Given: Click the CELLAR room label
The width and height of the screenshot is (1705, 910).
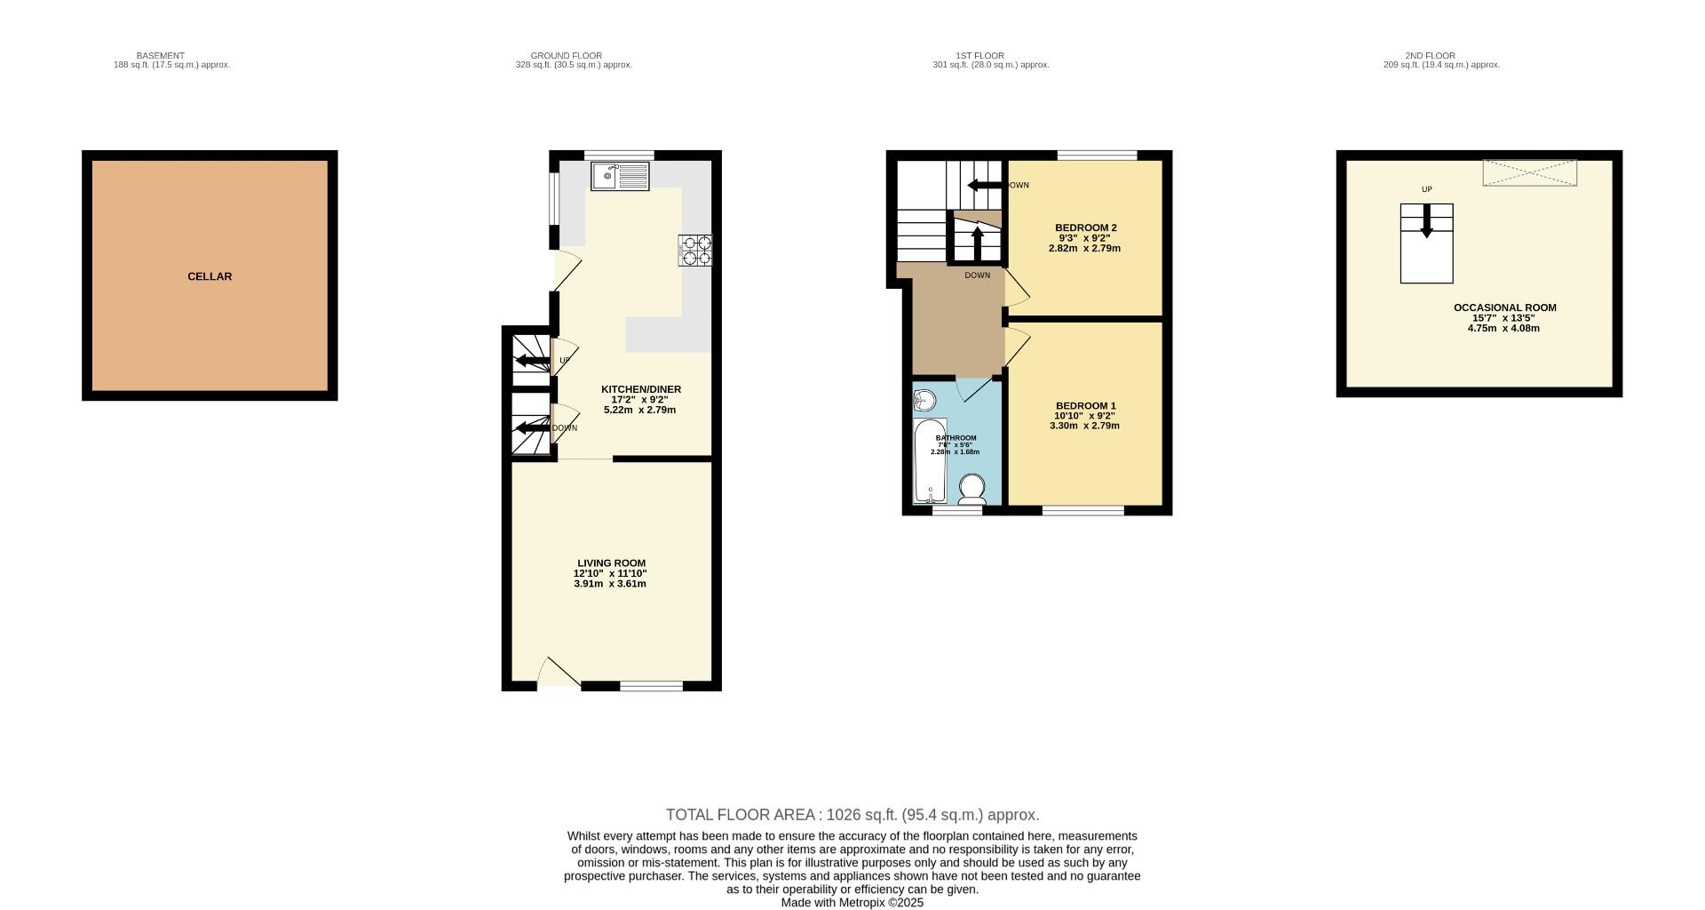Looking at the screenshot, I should click(210, 276).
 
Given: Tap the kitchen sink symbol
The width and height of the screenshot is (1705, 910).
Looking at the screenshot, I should click(620, 176).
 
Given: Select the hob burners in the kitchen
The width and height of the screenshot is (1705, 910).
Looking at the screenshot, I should click(695, 250).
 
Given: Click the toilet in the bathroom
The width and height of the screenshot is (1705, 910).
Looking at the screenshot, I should click(972, 490).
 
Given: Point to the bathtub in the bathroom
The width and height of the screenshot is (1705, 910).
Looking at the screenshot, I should click(931, 462).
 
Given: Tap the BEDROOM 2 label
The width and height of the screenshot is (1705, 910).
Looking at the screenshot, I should click(1085, 228).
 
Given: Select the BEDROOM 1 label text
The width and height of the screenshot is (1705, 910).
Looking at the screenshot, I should click(1085, 406).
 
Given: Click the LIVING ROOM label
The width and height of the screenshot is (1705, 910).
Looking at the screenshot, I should click(611, 563).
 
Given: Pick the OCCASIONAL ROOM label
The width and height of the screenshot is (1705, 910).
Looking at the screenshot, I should click(1504, 308).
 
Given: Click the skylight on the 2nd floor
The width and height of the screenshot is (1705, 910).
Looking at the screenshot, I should click(1529, 173).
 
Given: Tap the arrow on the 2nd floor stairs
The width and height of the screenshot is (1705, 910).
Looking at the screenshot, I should click(1427, 221).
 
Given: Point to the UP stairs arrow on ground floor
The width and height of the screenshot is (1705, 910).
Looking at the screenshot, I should click(532, 361).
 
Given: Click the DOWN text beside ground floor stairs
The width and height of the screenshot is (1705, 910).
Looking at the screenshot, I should click(565, 428).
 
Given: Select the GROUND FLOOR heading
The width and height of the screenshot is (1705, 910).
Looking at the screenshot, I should click(566, 56).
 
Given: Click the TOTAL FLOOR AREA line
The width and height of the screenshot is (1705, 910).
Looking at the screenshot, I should click(852, 815).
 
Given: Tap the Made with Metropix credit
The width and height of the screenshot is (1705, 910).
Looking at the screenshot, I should click(852, 903).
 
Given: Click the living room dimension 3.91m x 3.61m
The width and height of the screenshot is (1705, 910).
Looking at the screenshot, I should click(610, 584).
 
